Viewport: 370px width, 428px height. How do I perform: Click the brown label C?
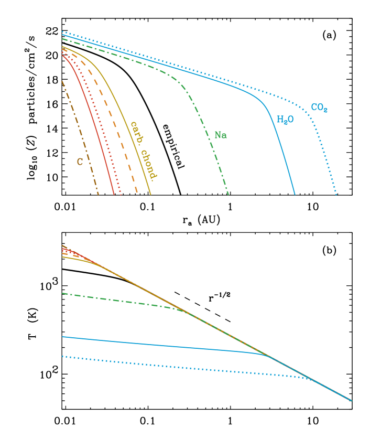coord(80,162)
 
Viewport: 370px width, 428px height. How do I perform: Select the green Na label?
coord(221,135)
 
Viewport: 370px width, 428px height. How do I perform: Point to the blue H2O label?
coord(285,120)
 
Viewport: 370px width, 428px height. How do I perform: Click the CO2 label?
coord(319,108)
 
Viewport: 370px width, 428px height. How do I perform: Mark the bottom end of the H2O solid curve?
coord(295,195)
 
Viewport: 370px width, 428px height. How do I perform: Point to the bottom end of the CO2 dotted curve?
coord(336,195)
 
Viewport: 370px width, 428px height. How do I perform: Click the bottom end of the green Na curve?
coord(228,195)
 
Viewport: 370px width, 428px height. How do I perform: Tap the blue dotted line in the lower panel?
coord(157,365)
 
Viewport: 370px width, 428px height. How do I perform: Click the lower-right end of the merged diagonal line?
coord(352,401)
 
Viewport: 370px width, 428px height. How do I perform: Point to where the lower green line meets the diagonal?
coord(189,313)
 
